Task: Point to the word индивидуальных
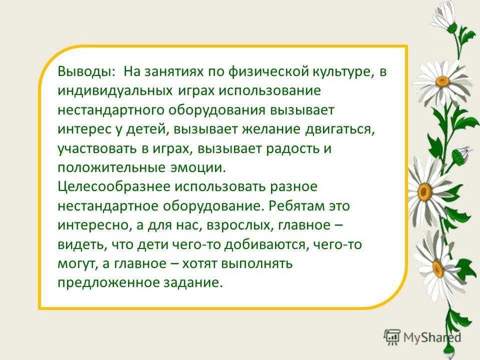pyautogui.click(x=114, y=91)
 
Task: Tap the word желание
pyautogui.click(x=271, y=129)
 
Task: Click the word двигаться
pyautogui.click(x=340, y=129)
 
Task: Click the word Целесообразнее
pyautogui.click(x=114, y=187)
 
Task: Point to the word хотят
pyautogui.click(x=199, y=263)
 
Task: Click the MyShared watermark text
pyautogui.click(x=432, y=337)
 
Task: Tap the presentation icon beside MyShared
pyautogui.click(x=392, y=337)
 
